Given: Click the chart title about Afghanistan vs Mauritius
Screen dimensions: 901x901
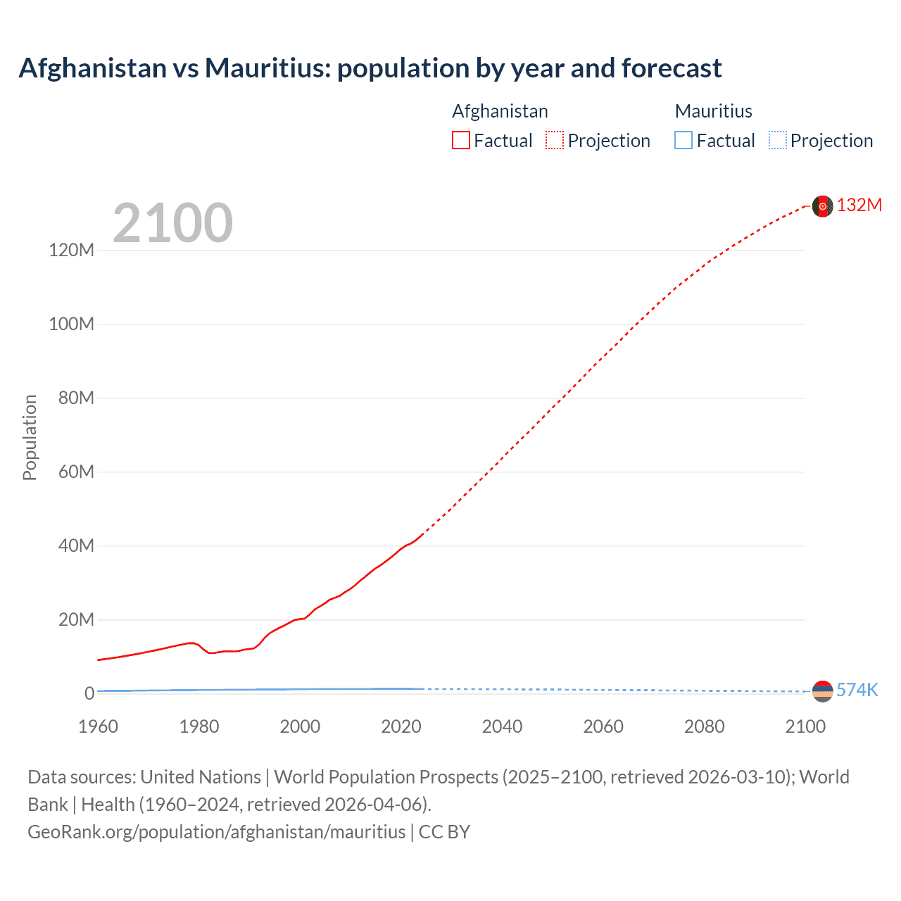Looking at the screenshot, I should point(370,68).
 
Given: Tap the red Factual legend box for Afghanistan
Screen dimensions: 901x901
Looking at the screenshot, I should point(461,140).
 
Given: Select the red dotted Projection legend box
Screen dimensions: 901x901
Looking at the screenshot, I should point(555,140).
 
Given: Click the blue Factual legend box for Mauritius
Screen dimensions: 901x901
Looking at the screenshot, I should point(683,140).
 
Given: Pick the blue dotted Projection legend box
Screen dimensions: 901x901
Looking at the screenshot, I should point(778,140).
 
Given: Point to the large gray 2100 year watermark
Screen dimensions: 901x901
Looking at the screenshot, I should point(172,223).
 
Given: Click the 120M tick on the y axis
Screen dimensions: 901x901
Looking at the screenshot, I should point(72,250).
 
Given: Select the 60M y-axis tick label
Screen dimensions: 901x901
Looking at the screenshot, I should point(76,472).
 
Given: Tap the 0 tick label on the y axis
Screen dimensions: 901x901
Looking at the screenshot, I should point(89,693).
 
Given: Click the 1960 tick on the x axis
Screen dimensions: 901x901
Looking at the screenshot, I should point(99,726).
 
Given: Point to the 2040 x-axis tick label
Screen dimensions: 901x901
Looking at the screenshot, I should point(502,726).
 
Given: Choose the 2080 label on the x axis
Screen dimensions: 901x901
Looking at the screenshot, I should point(704,726).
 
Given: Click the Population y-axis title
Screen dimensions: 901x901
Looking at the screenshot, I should point(30,437).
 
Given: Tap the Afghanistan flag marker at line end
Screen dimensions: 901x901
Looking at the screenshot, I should point(822,206).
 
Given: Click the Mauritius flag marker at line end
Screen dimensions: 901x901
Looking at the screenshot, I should point(822,691).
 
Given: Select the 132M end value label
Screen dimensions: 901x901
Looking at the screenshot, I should point(859,205).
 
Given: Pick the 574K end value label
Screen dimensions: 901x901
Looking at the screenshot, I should point(857,690).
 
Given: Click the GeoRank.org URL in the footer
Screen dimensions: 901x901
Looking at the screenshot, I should point(217,831).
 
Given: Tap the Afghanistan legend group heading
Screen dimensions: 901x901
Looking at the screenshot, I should point(500,111).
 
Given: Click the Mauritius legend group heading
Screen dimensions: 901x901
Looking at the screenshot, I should point(713,111).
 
